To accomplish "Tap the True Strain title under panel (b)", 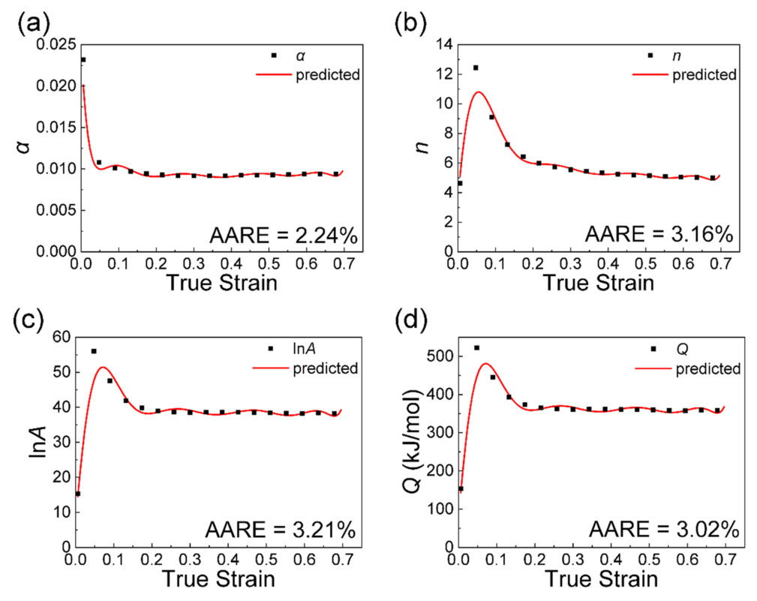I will point(598,284).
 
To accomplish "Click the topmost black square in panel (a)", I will point(83,60).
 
